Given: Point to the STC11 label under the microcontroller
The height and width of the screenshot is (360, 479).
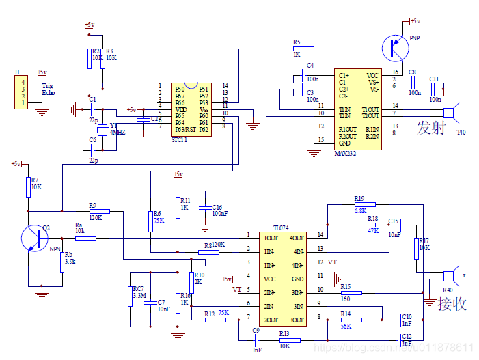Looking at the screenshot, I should coord(180,139).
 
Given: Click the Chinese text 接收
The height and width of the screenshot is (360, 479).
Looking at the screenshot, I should coord(452,303).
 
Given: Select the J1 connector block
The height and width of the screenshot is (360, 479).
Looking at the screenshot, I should coord(19,93).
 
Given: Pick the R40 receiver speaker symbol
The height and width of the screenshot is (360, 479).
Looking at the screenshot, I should coord(449,276).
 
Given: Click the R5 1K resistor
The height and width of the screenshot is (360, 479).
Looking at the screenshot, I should coord(303,49).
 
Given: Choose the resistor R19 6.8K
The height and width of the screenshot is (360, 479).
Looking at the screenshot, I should coord(364,204).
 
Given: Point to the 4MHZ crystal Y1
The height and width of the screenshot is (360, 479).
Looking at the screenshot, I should coord(102,130).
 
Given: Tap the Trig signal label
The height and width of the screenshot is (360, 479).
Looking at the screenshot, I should coord(48,86).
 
